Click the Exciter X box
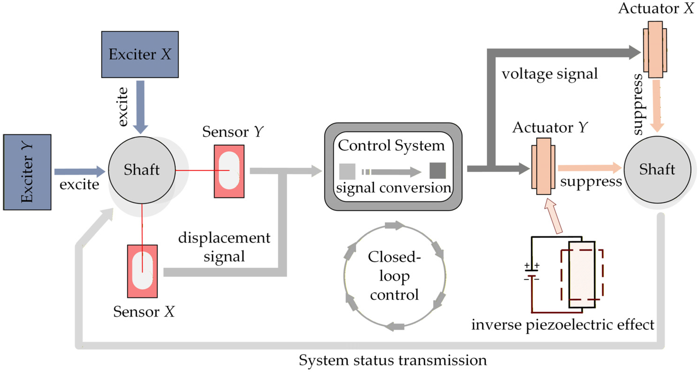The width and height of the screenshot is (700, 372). click(x=140, y=54)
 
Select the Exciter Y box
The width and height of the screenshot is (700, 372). click(x=27, y=172)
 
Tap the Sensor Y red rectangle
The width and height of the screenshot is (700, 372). click(x=229, y=171)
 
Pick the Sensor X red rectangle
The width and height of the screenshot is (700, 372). click(x=142, y=271)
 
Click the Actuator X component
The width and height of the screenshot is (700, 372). click(x=655, y=49)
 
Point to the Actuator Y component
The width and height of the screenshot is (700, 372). click(x=544, y=166)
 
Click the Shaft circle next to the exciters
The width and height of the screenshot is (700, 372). click(x=142, y=170)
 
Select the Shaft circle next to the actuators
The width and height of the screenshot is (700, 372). click(x=657, y=170)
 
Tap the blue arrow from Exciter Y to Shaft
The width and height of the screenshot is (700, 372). click(x=80, y=171)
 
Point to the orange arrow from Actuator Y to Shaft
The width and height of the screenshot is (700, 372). click(x=590, y=168)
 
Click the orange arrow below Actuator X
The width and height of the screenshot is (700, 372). click(x=657, y=106)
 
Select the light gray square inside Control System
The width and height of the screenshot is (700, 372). click(x=347, y=171)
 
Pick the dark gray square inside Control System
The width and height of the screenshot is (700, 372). click(x=437, y=171)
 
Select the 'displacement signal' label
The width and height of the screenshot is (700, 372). click(x=224, y=247)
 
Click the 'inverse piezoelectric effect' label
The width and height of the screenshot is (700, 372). click(x=562, y=325)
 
